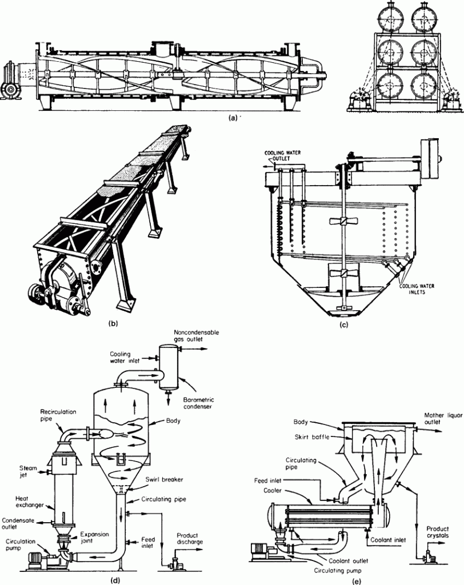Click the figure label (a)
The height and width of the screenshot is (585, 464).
tap(230, 120)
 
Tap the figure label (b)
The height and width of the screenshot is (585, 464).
tap(113, 324)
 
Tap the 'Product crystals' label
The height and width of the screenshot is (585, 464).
tap(437, 532)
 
